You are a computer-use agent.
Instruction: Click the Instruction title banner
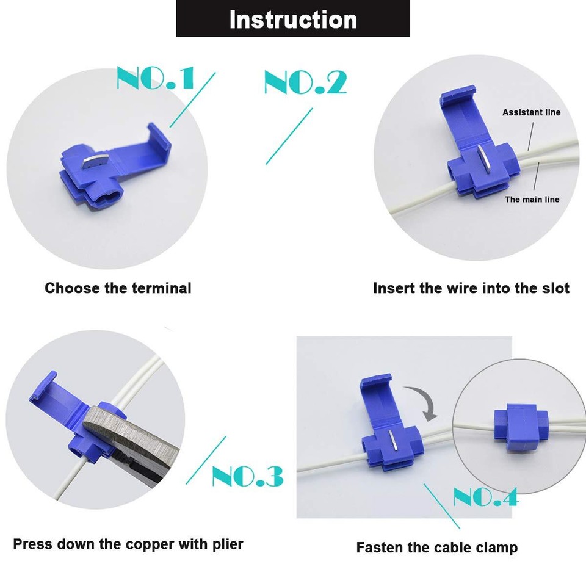(x=293, y=19)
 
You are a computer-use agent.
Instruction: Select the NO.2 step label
(x=305, y=82)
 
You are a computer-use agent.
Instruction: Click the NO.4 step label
(x=485, y=497)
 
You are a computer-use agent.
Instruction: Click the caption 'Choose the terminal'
(x=118, y=288)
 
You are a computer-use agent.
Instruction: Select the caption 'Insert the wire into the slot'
(x=471, y=288)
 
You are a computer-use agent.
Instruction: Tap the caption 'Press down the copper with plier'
(x=128, y=544)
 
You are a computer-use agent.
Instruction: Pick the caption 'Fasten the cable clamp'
(x=436, y=548)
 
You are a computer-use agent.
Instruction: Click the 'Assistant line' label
(x=531, y=112)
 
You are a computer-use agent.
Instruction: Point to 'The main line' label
(x=532, y=200)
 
